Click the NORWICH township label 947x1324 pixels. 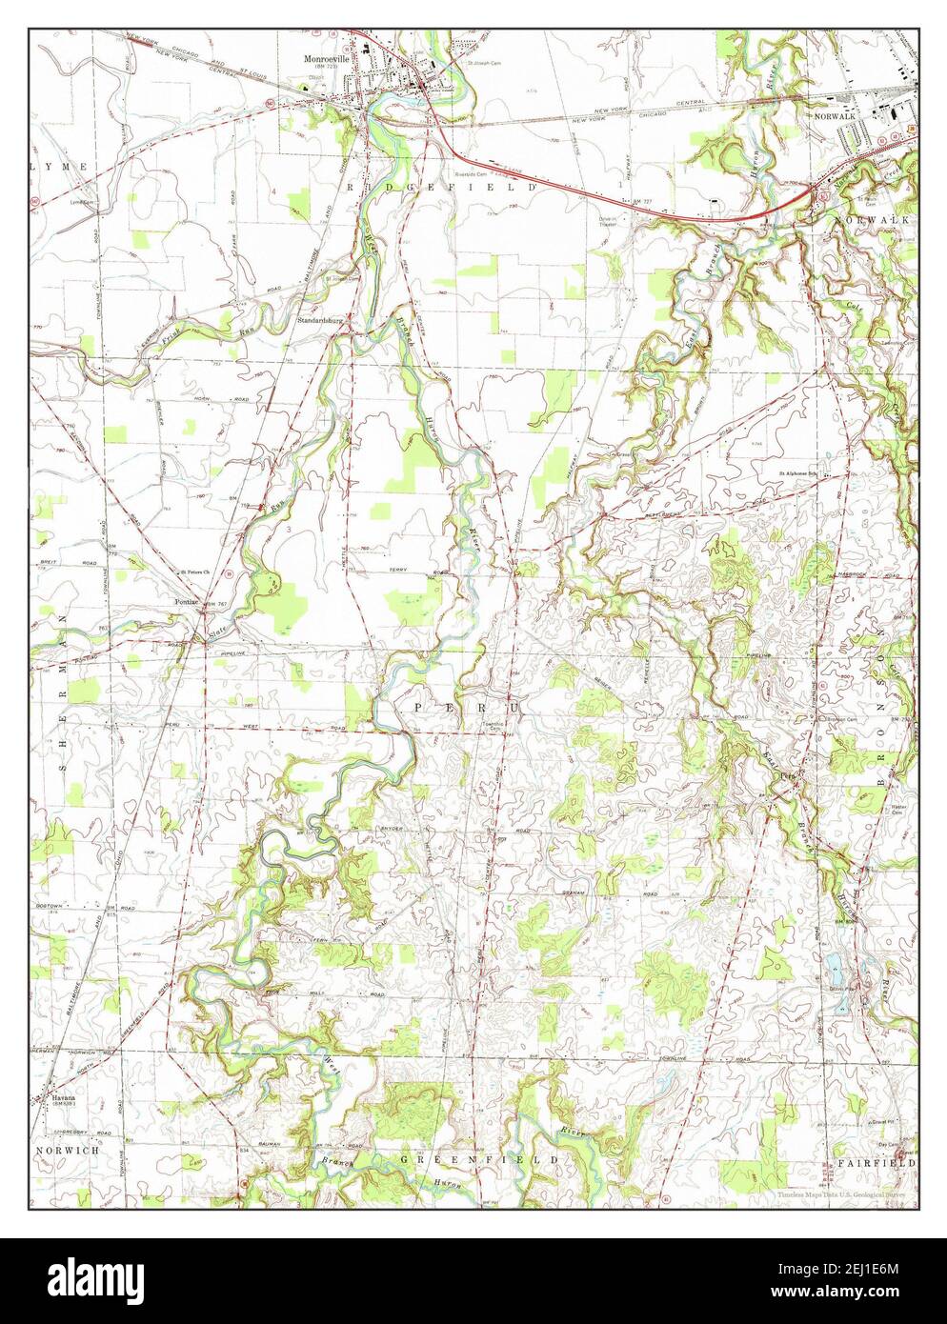pyautogui.click(x=68, y=1151)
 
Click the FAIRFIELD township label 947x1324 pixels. pyautogui.click(x=876, y=1163)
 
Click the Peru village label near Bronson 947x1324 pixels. pyautogui.click(x=788, y=774)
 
